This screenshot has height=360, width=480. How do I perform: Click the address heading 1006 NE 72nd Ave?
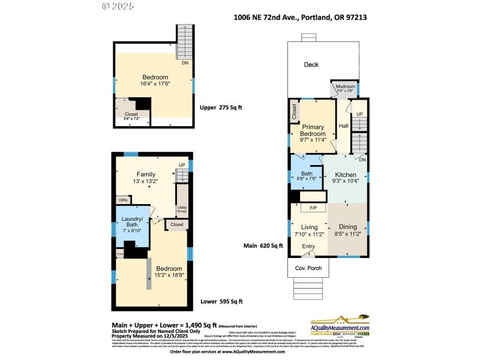tap(300, 18)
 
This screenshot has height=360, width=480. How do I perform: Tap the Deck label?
tap(311, 65)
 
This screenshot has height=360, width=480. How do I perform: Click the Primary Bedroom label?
tap(313, 130)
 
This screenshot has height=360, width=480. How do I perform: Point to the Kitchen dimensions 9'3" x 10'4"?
tap(346, 180)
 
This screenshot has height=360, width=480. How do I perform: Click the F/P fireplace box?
tap(313, 208)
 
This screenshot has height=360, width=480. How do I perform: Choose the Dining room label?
tap(347, 226)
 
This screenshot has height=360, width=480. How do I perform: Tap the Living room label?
tap(309, 226)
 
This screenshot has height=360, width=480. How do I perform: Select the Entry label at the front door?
tap(308, 247)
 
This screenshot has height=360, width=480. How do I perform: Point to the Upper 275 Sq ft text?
tap(222, 108)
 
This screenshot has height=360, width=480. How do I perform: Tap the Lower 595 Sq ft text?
tap(223, 302)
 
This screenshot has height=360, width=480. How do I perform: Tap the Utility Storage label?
tap(181, 209)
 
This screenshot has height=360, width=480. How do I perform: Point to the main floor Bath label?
tap(306, 174)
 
